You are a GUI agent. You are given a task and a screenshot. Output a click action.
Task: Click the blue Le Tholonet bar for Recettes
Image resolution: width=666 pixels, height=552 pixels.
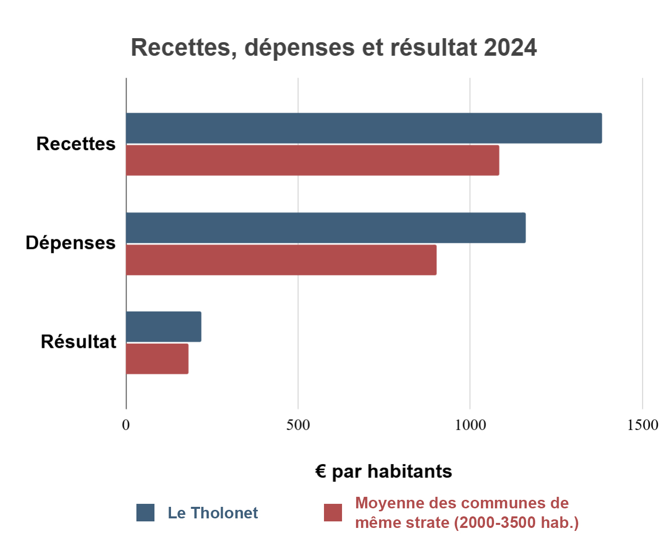(364, 128)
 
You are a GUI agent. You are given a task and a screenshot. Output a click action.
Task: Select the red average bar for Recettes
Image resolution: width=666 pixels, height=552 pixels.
(312, 161)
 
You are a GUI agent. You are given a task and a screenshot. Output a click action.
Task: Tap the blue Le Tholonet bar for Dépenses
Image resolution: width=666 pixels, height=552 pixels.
(325, 228)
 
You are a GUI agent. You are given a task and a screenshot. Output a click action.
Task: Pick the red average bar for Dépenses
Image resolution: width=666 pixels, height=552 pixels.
(281, 260)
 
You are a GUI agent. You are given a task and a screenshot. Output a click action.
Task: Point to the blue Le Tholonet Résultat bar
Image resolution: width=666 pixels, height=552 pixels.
(163, 327)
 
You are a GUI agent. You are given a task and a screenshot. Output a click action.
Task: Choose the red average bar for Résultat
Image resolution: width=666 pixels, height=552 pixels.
(157, 359)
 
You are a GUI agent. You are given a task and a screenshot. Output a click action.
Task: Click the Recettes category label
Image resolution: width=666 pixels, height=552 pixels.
(76, 144)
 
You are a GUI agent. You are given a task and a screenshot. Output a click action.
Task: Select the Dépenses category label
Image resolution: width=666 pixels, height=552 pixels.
(71, 243)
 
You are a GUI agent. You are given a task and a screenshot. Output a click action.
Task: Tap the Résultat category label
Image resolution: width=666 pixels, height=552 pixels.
(78, 342)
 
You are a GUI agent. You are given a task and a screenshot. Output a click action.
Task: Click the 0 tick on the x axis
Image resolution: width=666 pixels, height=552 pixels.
(126, 425)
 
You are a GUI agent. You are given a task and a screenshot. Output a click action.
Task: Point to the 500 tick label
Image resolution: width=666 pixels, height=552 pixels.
(298, 425)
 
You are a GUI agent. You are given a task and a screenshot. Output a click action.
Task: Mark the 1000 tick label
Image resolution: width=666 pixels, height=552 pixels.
(470, 425)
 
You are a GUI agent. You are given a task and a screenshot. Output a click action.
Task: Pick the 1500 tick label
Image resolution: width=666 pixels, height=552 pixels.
(642, 425)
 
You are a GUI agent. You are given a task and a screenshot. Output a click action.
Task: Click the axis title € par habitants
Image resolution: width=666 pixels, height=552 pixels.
(384, 472)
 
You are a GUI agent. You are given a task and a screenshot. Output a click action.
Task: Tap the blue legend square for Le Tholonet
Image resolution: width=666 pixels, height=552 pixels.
(145, 512)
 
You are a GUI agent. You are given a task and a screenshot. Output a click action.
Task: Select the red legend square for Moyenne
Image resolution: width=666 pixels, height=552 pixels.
(333, 512)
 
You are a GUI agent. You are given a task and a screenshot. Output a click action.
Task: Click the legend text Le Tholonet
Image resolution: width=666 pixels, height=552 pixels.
(213, 513)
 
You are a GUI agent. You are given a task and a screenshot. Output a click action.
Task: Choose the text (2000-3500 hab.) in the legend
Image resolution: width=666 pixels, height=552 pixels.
(517, 523)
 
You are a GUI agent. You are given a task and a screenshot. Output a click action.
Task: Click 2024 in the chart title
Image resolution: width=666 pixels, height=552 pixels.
(511, 48)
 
